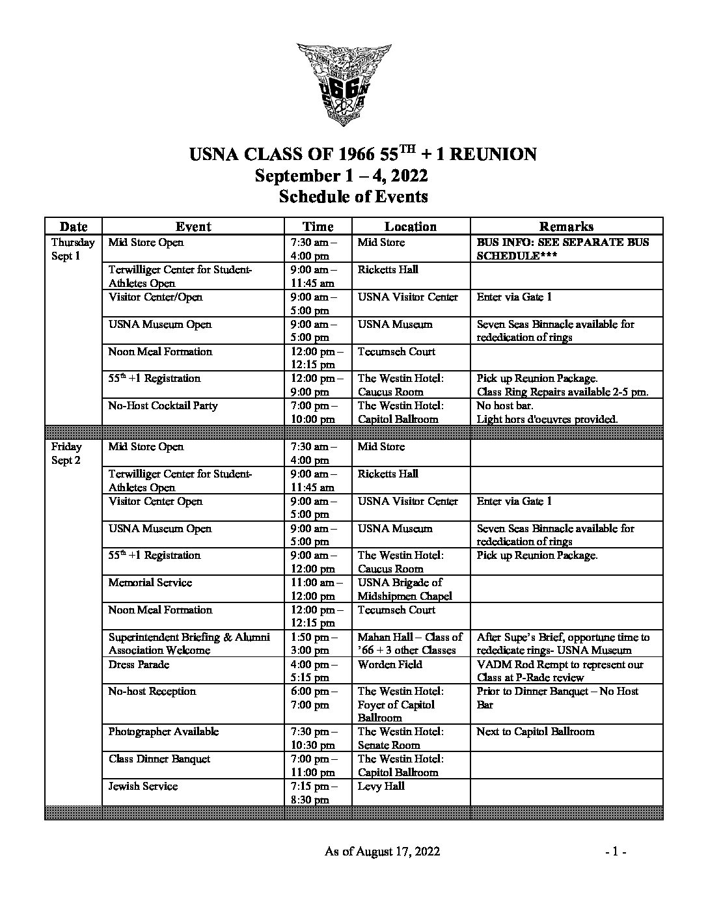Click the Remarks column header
point(566,226)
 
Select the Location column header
point(410,226)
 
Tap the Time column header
point(318,226)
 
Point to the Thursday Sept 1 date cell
point(73,249)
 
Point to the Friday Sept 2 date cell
point(66,453)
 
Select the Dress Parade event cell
point(139,664)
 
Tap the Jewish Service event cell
point(143,786)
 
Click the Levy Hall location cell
point(381,786)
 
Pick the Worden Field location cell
point(390,664)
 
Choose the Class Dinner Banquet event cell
point(159,759)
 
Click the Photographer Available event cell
point(163,732)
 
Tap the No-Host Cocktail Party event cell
point(163,406)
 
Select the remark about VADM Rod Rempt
point(560,671)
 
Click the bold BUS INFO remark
point(563,249)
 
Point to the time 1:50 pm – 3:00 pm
point(314,644)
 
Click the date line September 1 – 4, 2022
point(340,176)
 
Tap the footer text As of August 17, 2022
point(382,852)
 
